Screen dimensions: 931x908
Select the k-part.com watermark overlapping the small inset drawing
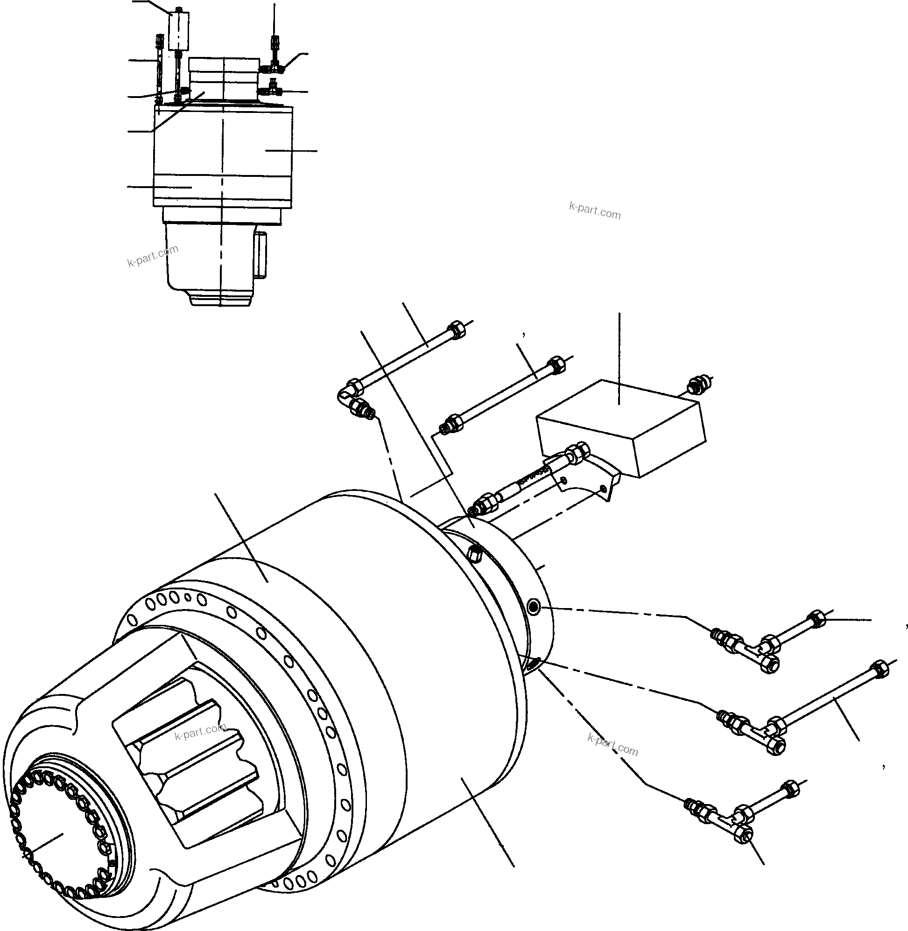153,256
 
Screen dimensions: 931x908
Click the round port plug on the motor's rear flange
534,607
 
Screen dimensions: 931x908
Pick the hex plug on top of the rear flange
475,553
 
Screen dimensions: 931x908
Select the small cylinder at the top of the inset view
178,31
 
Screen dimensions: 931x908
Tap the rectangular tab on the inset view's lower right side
262,254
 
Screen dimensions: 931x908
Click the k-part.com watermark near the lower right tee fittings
613,749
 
